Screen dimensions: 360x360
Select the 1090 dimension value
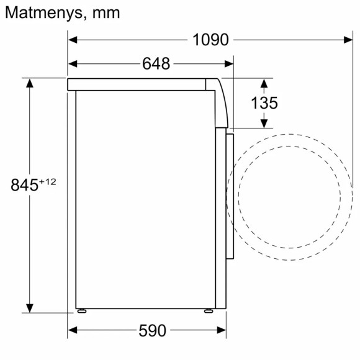click(210, 40)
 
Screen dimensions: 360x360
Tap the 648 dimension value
click(156, 63)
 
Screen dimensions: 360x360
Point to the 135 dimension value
click(264, 103)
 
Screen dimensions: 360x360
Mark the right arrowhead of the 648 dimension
click(230, 63)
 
